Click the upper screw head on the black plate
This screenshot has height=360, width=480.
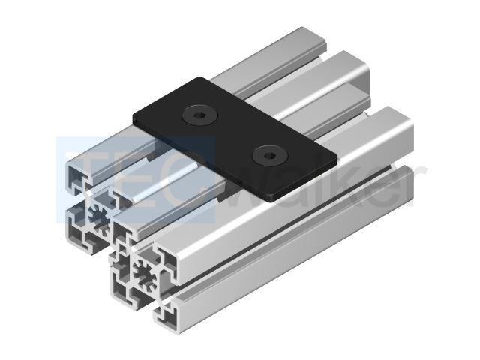tap(200, 115)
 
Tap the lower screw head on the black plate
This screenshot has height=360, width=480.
tap(270, 156)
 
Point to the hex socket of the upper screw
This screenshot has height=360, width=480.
tap(200, 115)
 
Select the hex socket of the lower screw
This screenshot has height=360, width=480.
tap(270, 155)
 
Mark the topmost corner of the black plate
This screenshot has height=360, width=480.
tap(200, 77)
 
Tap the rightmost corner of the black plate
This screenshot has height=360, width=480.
tap(337, 160)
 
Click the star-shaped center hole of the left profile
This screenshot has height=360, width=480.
tap(100, 217)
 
